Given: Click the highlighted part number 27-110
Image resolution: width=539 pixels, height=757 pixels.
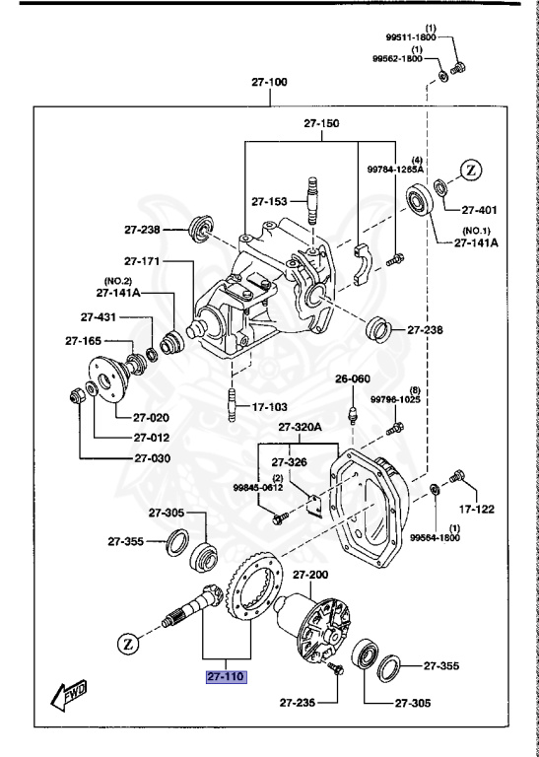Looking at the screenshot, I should tap(226, 676).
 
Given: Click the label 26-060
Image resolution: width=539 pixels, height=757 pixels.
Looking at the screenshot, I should tap(352, 378).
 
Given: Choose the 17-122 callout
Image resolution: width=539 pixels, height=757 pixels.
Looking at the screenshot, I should tap(476, 510).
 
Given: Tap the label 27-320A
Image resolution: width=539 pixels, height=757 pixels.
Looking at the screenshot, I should tap(301, 427).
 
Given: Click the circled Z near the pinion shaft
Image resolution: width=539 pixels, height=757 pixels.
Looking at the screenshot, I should tap(127, 645).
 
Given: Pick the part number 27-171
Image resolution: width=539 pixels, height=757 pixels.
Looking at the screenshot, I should tap(144, 261).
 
